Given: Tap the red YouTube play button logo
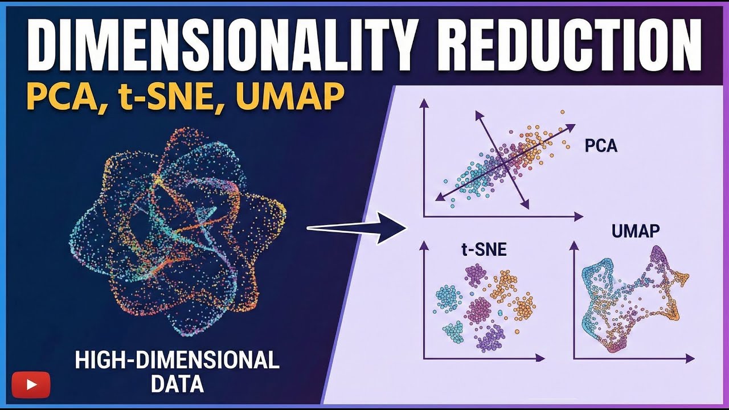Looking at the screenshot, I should tap(31, 384).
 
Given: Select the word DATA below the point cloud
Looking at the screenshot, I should tap(177, 384).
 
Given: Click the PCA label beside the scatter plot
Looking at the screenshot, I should tap(601, 146).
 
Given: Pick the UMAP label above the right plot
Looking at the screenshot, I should tap(636, 231).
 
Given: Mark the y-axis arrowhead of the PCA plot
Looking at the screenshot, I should tap(423, 102).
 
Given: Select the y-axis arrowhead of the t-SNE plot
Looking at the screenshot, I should tap(424, 245).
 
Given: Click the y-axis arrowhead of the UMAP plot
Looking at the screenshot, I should tap(574, 245).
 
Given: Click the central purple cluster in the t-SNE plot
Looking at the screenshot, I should tap(480, 310).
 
